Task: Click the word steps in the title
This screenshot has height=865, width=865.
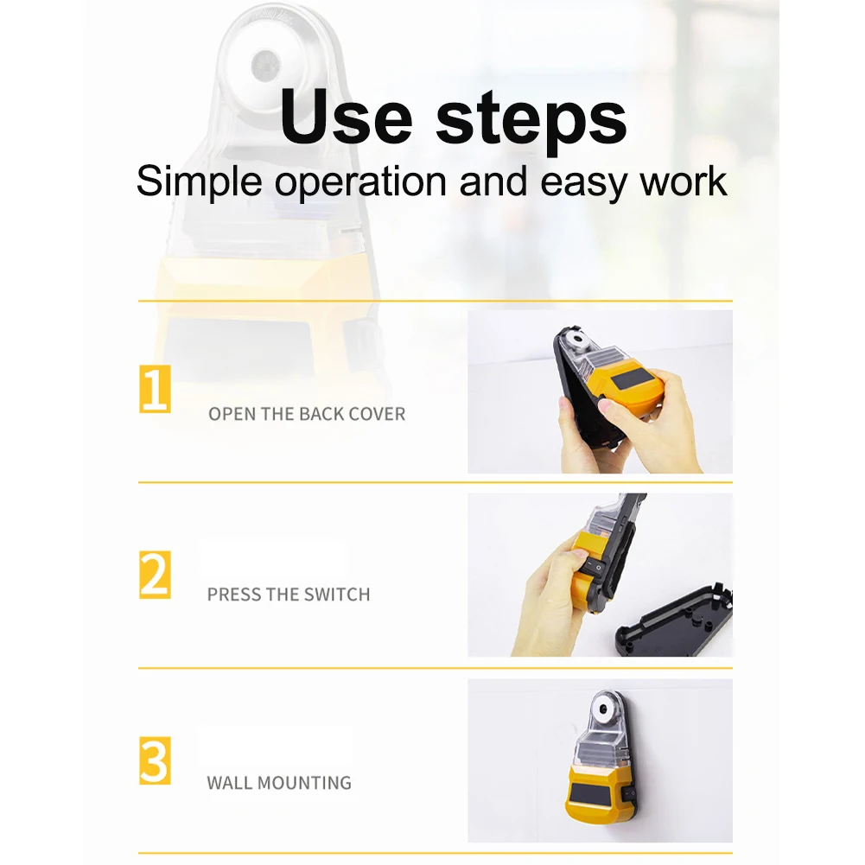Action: tap(531, 121)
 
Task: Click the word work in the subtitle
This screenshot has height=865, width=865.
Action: tap(682, 182)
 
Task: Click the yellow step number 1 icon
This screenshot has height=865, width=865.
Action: tap(156, 390)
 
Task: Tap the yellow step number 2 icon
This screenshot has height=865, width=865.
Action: tap(156, 575)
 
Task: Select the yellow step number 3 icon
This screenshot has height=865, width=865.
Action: tap(156, 760)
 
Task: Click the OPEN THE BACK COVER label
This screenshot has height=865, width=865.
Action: tap(306, 414)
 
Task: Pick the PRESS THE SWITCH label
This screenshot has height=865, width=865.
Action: tap(288, 595)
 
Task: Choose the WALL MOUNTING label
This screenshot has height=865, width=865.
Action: tap(279, 783)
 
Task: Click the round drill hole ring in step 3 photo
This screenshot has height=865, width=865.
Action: tap(599, 711)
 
